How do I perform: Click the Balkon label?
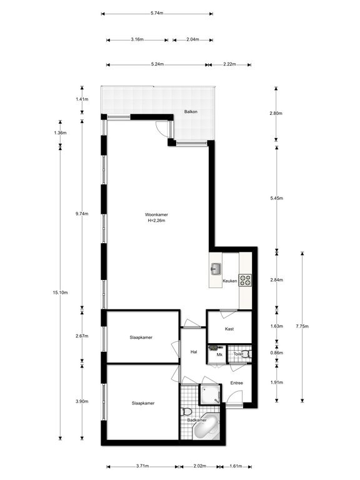[x=191, y=112]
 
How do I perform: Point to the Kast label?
[x=229, y=328]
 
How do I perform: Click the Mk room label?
[x=219, y=354]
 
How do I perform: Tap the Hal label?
[x=194, y=352]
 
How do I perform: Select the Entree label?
[x=236, y=382]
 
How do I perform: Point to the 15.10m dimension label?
[x=61, y=292]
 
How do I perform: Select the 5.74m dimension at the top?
[x=157, y=13]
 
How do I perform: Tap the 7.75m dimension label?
[x=302, y=326]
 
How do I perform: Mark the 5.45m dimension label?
[x=277, y=198]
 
